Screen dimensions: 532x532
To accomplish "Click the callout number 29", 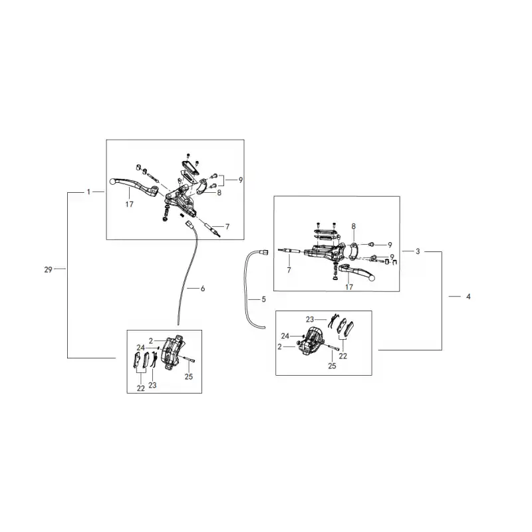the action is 48,269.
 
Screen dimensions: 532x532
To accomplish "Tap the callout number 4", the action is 468,297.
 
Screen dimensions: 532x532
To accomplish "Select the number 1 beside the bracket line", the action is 88,192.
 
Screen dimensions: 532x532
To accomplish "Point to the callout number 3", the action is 418,251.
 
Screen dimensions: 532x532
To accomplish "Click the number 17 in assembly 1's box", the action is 129,204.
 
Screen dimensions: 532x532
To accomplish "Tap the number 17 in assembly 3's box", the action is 349,287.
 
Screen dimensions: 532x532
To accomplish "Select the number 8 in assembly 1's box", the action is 219,193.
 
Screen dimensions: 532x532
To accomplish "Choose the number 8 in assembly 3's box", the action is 354,226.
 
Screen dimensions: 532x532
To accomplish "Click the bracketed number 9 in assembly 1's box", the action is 241,180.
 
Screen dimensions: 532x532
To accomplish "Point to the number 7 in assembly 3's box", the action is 289,270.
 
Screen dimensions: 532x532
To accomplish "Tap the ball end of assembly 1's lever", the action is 113,182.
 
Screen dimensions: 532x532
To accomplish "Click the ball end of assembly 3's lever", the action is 372,278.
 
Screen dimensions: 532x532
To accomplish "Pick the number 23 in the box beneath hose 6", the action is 152,385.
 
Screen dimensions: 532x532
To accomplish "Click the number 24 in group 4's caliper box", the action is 285,336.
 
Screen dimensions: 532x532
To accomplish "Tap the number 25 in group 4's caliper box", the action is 332,366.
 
